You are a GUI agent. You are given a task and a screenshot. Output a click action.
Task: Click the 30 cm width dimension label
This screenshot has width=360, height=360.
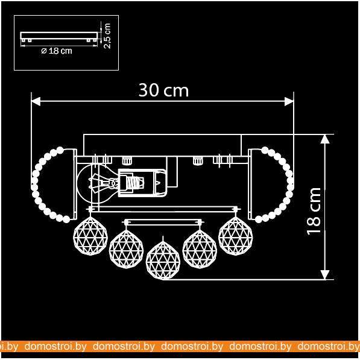[x=163, y=90]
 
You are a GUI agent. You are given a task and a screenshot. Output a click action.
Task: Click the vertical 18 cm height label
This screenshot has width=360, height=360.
[x=314, y=211]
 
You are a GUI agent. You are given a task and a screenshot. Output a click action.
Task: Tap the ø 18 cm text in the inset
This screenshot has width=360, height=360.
[x=57, y=51]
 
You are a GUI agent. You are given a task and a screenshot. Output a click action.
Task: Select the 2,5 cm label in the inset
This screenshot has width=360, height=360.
[x=107, y=36]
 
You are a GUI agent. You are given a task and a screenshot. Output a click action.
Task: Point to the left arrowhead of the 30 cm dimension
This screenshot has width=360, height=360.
[x=36, y=101]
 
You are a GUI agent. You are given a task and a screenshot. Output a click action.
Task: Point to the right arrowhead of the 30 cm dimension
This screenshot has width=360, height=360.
[x=289, y=101]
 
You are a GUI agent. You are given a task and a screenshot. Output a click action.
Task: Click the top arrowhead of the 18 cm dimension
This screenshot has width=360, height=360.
[x=325, y=139]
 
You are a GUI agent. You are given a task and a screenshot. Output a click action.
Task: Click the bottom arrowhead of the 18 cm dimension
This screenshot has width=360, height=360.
[x=325, y=275]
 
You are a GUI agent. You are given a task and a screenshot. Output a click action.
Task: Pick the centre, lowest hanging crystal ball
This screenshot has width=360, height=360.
[x=163, y=261]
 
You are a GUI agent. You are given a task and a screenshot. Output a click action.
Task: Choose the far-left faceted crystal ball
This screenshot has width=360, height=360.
[x=90, y=236]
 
